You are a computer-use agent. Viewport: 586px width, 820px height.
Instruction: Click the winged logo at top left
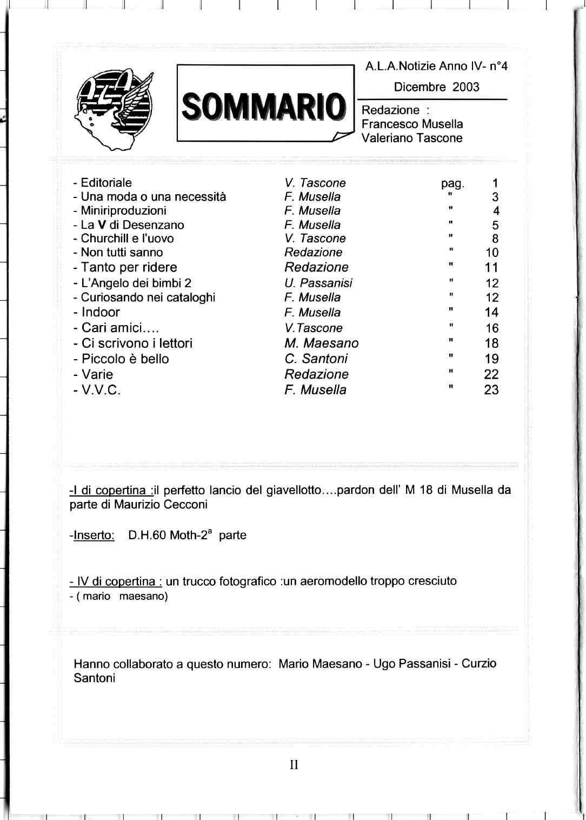tap(115, 110)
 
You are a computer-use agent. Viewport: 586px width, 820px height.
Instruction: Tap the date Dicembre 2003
tap(436, 87)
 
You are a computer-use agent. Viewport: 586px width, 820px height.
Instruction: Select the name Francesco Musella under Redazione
tap(412, 124)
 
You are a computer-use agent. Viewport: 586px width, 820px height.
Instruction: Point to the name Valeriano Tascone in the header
tap(412, 138)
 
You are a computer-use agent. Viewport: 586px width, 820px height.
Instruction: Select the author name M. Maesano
tap(321, 343)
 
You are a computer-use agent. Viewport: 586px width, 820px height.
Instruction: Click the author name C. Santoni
tap(316, 359)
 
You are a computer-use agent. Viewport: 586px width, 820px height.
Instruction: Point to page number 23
tap(491, 390)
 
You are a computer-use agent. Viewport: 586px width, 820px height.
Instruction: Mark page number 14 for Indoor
tap(491, 313)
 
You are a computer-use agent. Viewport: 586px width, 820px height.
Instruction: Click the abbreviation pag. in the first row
tap(452, 183)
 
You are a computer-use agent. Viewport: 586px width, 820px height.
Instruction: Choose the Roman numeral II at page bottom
tap(294, 765)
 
